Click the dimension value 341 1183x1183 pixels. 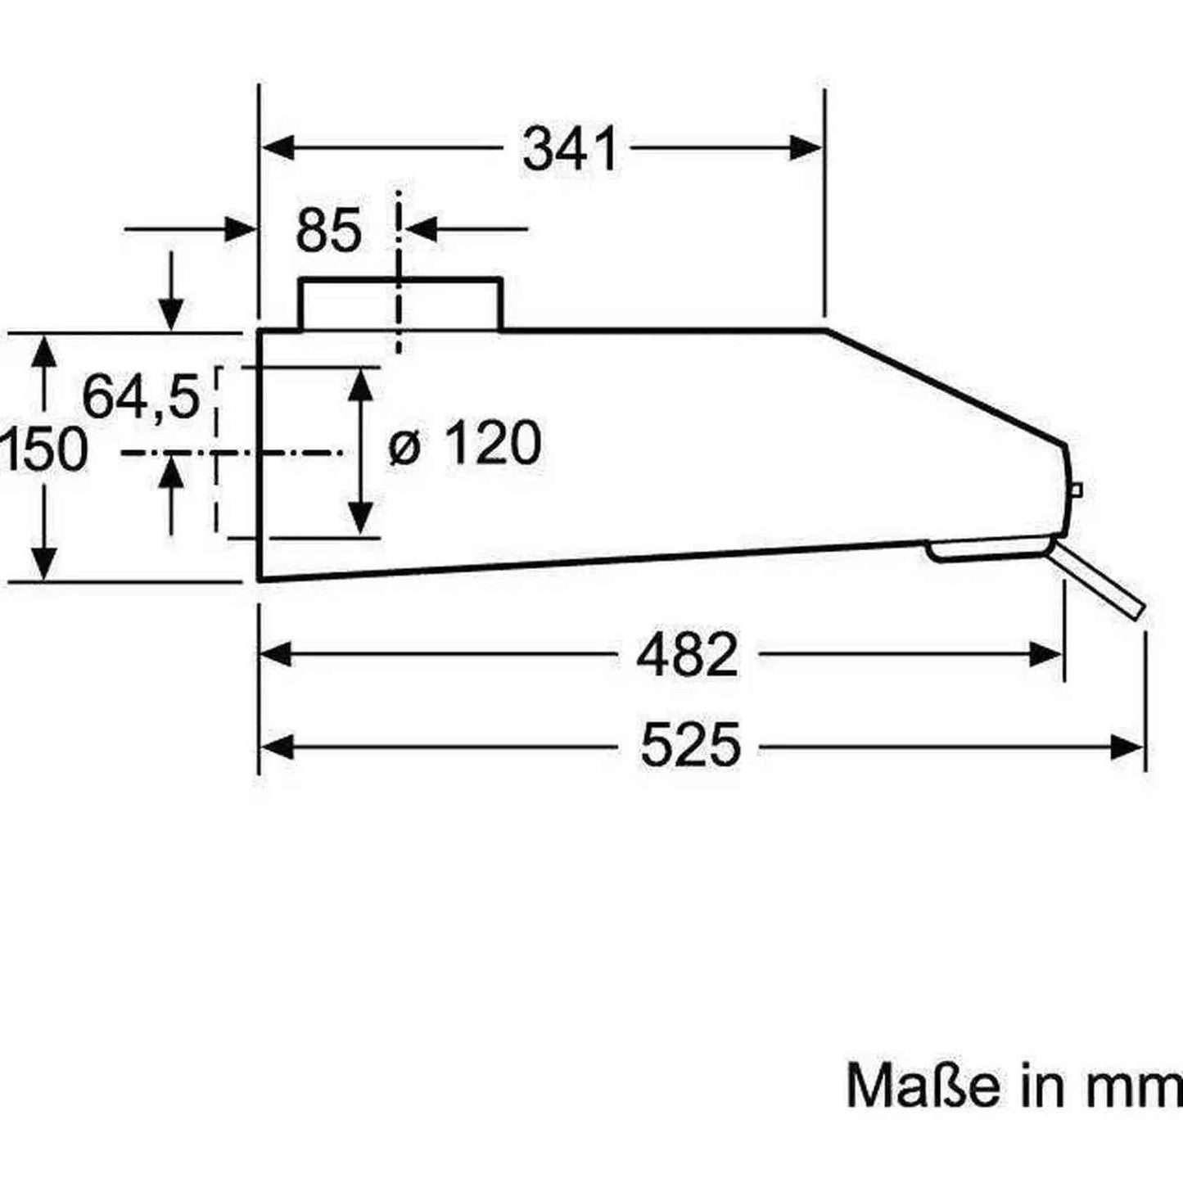570,149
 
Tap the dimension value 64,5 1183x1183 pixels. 142,397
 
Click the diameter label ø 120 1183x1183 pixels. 464,444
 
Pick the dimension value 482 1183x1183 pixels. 688,655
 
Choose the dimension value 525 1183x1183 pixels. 690,745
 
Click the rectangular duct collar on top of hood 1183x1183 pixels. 400,305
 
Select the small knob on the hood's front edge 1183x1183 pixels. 1076,490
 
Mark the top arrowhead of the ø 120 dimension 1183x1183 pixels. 360,384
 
